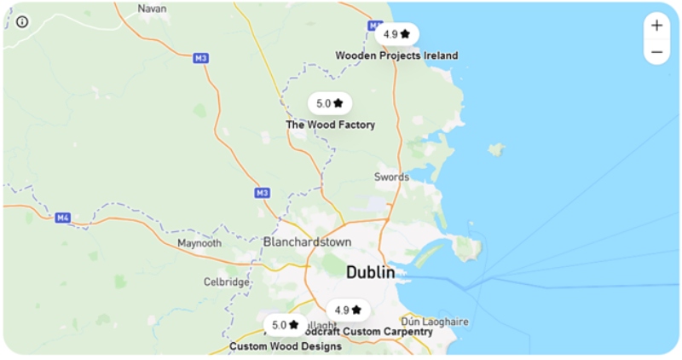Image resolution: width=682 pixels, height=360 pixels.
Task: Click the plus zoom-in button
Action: point(656,26)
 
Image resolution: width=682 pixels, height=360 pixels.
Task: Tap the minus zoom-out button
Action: point(656,52)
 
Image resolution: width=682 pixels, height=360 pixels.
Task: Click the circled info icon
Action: point(22,22)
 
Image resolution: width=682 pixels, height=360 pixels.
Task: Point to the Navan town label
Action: point(152,8)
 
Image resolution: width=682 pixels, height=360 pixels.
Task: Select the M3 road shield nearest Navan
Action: point(200,58)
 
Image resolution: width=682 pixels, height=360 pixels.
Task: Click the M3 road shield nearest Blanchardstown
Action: point(263,193)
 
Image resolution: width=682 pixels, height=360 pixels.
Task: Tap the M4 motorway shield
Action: point(62,218)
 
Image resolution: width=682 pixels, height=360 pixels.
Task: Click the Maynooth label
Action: point(199,243)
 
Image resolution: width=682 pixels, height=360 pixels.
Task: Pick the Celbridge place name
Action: point(226,282)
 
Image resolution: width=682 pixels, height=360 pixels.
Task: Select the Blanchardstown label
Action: point(307,242)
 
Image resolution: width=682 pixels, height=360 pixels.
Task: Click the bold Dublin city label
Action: point(370,273)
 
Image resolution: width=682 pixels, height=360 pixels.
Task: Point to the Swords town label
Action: point(391,177)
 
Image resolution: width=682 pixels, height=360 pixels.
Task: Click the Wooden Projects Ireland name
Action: point(396,55)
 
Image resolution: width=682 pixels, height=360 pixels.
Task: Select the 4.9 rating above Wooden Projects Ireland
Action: point(396,34)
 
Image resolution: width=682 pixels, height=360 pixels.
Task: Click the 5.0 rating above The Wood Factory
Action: point(330,103)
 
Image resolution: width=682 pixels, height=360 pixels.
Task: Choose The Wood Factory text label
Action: point(330,125)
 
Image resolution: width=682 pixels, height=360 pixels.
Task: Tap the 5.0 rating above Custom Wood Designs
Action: point(286,325)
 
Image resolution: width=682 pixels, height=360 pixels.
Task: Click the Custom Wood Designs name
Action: point(286,346)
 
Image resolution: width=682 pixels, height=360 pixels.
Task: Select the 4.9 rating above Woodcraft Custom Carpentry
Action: point(349,310)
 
